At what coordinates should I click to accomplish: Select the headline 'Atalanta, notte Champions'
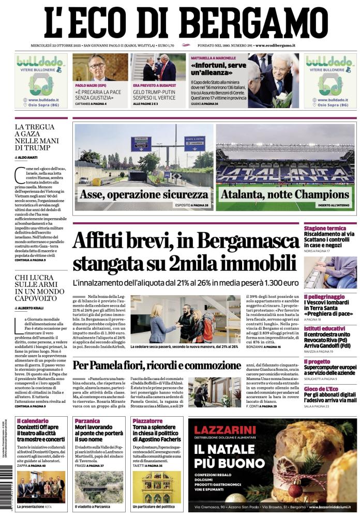pos(285,195)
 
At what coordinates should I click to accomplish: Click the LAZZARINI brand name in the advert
pos(225,430)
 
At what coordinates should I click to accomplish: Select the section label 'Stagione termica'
pos(325,228)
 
